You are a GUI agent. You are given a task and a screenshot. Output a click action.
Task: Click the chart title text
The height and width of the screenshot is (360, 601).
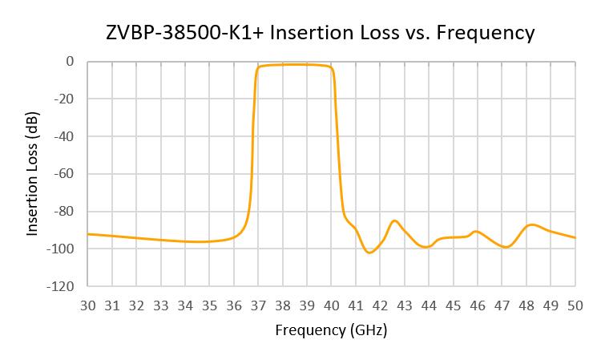[x=320, y=33]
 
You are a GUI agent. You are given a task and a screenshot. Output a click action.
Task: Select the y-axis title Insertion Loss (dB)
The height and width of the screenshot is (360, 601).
[x=33, y=173]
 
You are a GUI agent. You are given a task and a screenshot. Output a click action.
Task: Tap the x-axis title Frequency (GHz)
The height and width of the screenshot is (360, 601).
[x=331, y=330]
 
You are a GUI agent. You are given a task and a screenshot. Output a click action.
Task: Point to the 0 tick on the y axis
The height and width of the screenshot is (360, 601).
[x=70, y=61]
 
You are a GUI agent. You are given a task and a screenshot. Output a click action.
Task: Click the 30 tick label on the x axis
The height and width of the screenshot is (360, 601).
[x=87, y=305]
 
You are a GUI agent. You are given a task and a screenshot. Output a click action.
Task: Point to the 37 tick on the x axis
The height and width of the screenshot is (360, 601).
[x=258, y=305]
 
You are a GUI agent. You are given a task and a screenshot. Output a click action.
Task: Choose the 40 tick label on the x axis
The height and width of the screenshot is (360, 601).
[x=331, y=305]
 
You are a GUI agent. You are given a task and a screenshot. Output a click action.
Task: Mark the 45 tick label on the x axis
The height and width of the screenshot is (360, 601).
[x=453, y=305]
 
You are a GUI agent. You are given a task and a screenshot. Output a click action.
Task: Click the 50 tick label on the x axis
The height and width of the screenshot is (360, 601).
[x=575, y=305]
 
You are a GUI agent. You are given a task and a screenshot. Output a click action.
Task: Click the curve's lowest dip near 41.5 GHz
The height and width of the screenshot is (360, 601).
[x=369, y=253]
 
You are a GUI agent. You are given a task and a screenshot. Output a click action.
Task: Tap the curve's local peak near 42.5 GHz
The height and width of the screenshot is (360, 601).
[x=394, y=220]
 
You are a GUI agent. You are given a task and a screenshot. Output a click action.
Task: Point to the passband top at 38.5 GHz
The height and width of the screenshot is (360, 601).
[x=295, y=64]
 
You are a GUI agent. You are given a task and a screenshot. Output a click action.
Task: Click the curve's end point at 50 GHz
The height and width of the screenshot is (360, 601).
[x=575, y=237]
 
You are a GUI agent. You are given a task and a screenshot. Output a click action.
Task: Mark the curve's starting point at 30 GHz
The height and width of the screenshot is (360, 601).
[x=88, y=234]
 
